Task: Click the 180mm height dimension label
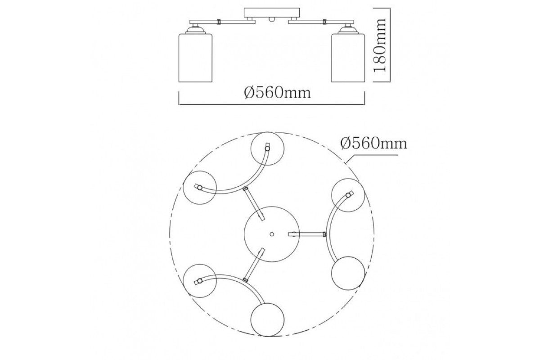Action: (x=380, y=45)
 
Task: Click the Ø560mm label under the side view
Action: (x=278, y=93)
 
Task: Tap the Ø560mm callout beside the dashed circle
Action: (x=373, y=144)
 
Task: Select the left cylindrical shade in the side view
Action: (x=195, y=58)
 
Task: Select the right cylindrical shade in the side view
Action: (x=348, y=58)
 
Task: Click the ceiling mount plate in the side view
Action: (x=272, y=13)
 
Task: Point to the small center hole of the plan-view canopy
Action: (x=272, y=234)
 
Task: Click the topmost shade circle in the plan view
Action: (x=267, y=148)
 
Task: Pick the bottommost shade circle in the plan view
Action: (x=267, y=319)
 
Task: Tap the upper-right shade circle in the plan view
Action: (x=348, y=195)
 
